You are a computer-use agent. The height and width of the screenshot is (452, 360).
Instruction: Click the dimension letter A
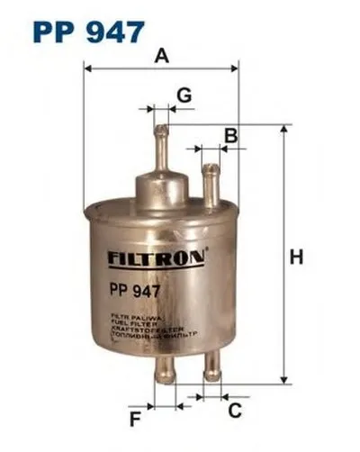(x=161, y=56)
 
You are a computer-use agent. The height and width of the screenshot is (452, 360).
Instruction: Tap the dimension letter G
(x=183, y=94)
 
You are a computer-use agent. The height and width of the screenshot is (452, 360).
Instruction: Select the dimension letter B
(x=230, y=136)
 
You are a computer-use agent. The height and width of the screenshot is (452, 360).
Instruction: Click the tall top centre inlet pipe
(x=160, y=149)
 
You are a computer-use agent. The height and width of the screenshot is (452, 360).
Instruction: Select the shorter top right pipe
(x=211, y=184)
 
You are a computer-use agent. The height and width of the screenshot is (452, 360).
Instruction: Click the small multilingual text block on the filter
(x=152, y=330)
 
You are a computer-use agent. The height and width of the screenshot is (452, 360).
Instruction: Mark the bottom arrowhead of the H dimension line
(x=283, y=377)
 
